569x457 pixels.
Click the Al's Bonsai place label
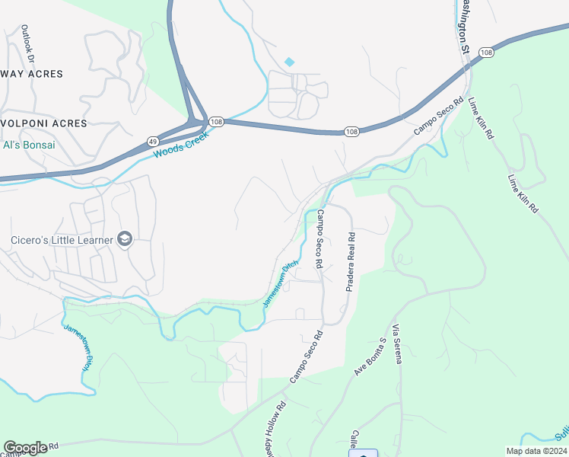click(30, 145)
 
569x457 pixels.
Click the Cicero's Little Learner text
click(62, 241)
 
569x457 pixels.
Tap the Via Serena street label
click(396, 344)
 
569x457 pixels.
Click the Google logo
click(25, 448)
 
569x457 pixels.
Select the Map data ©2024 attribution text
click(536, 451)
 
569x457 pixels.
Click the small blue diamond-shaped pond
click(289, 62)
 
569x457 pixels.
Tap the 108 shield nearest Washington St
click(486, 52)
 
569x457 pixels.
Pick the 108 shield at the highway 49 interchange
click(215, 122)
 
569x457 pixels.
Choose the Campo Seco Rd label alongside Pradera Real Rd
click(320, 238)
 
